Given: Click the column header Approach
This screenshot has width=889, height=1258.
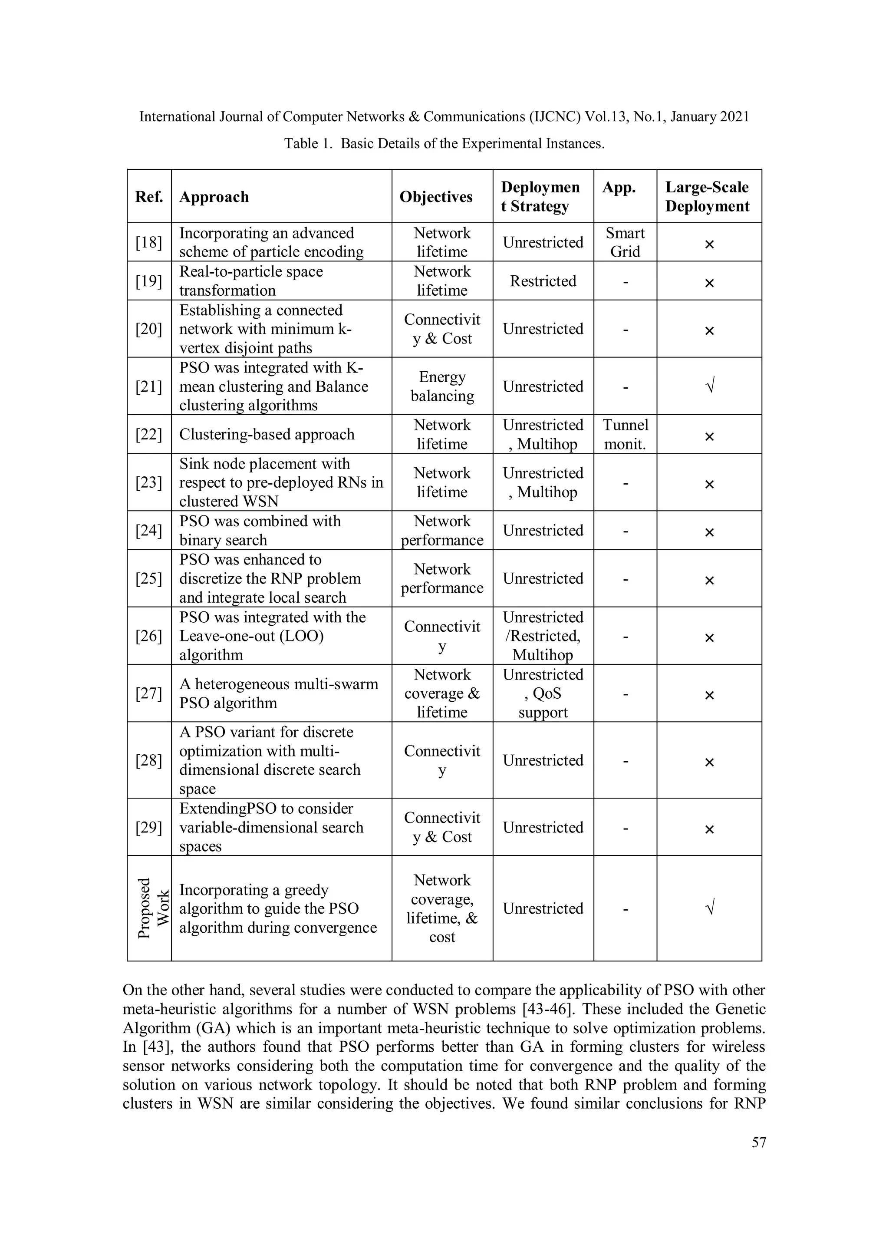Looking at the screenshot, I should (214, 197).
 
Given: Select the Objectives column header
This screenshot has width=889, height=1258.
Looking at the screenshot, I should (435, 197).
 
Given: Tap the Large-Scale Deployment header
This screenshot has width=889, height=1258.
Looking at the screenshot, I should (707, 197).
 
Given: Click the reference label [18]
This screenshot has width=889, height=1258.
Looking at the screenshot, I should (148, 242).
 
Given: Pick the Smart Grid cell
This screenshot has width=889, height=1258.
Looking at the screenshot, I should (625, 242).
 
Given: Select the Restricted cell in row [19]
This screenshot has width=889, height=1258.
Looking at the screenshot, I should (543, 281).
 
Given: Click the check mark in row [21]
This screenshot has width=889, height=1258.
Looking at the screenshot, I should (709, 387).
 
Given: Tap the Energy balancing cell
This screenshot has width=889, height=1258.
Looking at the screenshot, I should (442, 386).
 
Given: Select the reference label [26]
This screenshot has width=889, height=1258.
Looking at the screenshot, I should (148, 636).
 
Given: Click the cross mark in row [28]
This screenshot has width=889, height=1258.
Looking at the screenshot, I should (709, 762).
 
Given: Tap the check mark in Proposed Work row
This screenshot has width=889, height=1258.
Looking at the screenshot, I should (709, 908).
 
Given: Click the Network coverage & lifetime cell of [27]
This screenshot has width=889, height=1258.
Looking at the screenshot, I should (442, 693).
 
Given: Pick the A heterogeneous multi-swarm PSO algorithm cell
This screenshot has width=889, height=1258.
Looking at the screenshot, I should (278, 693).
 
